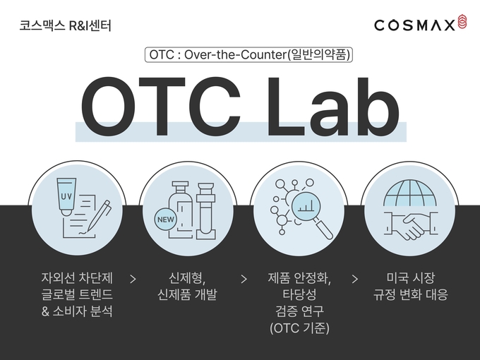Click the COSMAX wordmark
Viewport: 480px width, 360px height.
point(414,25)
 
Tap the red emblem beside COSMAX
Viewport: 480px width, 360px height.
point(462,23)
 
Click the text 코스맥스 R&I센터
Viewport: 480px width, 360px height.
point(65,25)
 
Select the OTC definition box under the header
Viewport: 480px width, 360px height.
point(248,55)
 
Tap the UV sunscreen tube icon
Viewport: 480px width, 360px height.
point(66,197)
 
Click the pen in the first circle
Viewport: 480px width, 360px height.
point(99,216)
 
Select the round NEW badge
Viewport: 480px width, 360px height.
point(166,220)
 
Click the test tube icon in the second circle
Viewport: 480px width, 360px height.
point(205,211)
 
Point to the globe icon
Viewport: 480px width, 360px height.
point(410,193)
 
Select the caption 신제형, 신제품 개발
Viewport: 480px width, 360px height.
point(187,286)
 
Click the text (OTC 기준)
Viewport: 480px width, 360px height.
point(300,328)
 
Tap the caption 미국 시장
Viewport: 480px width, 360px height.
point(411,278)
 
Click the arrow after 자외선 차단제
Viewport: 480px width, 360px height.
point(133,280)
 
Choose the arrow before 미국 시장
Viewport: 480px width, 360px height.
point(355,280)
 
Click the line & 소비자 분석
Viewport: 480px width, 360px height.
point(77,311)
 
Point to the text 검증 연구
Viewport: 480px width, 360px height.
point(300,311)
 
